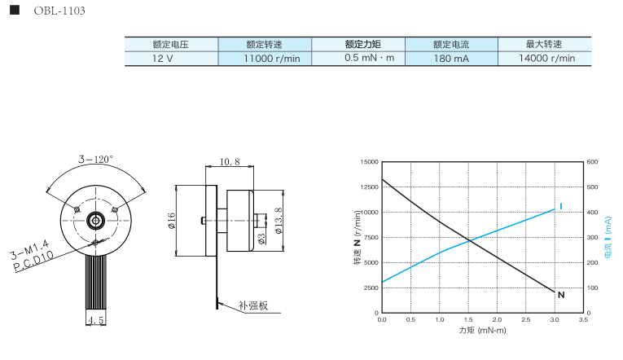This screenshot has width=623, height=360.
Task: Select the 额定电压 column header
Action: (x=170, y=45)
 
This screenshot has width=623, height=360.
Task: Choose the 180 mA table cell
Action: (x=451, y=59)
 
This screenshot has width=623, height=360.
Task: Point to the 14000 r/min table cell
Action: (x=546, y=59)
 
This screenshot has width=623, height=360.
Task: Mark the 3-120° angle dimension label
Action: (x=95, y=160)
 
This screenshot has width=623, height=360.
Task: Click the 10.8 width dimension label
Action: (x=230, y=162)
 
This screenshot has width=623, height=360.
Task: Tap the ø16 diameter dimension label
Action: (x=172, y=219)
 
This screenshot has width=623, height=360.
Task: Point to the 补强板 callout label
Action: (x=253, y=306)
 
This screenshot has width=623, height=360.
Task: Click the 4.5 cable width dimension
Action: (x=96, y=320)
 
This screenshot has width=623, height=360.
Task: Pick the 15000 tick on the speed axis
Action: (x=369, y=162)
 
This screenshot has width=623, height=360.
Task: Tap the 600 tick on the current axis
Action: (x=591, y=162)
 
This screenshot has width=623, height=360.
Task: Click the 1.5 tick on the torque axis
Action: (x=468, y=320)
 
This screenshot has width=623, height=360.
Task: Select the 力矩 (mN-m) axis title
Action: (x=482, y=331)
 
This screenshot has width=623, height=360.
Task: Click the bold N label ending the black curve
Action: (x=561, y=295)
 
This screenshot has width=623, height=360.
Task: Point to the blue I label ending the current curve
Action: (x=561, y=204)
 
